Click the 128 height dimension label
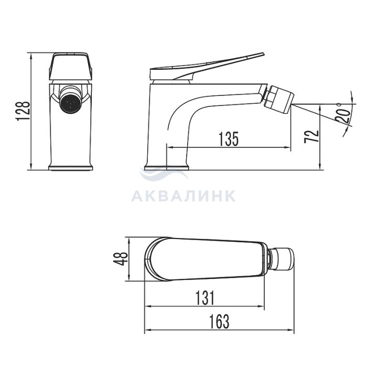click(24, 111)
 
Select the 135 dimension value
click(229, 139)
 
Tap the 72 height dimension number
click(311, 136)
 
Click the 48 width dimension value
click(121, 258)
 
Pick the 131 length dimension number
click(205, 298)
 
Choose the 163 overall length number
click(219, 321)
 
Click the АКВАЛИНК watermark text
click(183, 196)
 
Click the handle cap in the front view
click(71, 67)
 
